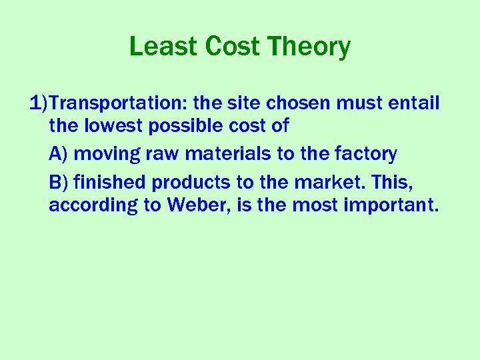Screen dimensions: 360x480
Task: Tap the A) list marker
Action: pyautogui.click(x=59, y=154)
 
